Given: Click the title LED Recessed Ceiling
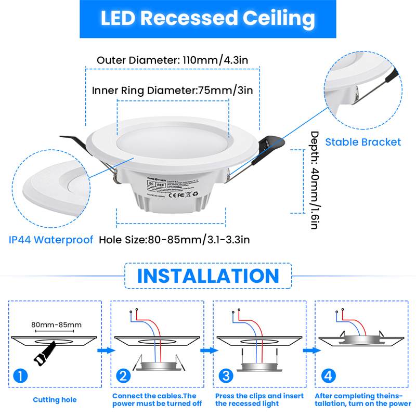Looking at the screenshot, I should [207, 18].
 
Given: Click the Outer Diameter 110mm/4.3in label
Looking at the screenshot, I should [172, 60].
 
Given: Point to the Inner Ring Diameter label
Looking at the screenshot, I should [172, 90].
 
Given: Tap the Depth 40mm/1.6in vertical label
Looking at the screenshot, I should [314, 179].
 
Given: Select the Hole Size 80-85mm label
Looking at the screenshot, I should [174, 240].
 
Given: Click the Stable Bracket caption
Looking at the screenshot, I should [363, 142].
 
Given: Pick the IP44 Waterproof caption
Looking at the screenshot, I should [51, 240].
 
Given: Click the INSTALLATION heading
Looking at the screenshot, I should [208, 276].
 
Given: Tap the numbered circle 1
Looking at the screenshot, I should [19, 375].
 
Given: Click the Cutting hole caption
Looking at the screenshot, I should [55, 400].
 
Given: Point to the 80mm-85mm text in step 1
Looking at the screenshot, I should [56, 326].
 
